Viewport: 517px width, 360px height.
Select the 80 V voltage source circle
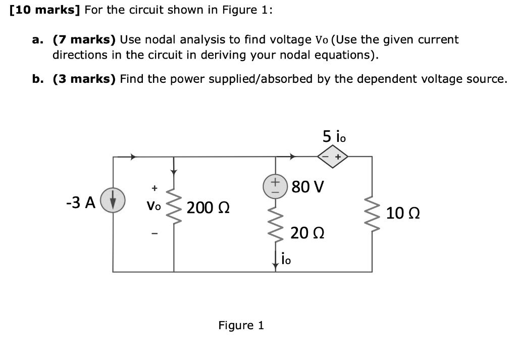[x=276, y=185]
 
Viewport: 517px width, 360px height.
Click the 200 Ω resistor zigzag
[x=174, y=207]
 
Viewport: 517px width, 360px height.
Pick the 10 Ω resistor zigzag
[x=373, y=214]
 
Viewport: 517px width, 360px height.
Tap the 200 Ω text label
[x=209, y=208]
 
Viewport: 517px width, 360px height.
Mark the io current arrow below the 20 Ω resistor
[x=276, y=261]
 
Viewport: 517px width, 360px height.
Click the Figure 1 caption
[x=241, y=325]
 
